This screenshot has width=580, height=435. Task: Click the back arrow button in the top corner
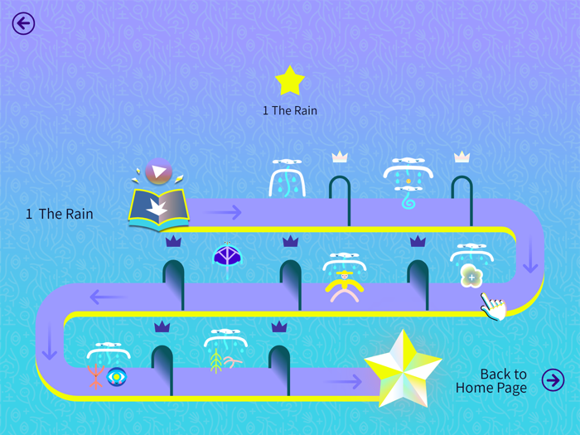(23, 23)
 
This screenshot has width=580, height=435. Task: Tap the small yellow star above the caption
(290, 81)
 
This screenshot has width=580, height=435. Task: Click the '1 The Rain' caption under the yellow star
(290, 110)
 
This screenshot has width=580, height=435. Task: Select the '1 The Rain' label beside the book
(60, 214)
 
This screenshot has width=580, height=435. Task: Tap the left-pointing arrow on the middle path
(108, 296)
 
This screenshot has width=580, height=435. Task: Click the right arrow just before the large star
(343, 381)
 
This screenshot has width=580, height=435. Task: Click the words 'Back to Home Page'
(491, 381)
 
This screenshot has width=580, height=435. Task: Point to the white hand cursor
(494, 306)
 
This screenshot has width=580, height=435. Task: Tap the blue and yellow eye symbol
(117, 377)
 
